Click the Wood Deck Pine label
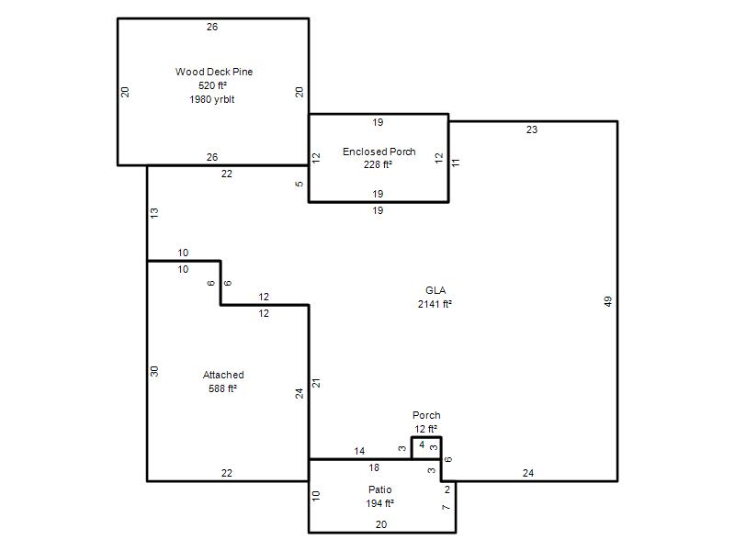click(214, 72)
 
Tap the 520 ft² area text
click(212, 85)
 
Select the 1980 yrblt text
click(212, 99)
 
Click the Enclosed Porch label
click(379, 152)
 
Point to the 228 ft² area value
click(378, 164)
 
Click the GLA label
click(435, 290)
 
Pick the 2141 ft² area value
click(435, 304)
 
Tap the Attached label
click(223, 375)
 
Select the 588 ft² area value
click(222, 388)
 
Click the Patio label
click(379, 489)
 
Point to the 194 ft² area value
click(379, 503)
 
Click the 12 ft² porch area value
click(425, 429)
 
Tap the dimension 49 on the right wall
click(608, 301)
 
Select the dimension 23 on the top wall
click(532, 129)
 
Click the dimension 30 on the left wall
click(154, 372)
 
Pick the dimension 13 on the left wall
click(154, 213)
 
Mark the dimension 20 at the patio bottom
click(381, 524)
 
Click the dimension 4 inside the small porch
click(422, 444)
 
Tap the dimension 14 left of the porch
click(359, 451)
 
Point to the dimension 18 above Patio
click(374, 467)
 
